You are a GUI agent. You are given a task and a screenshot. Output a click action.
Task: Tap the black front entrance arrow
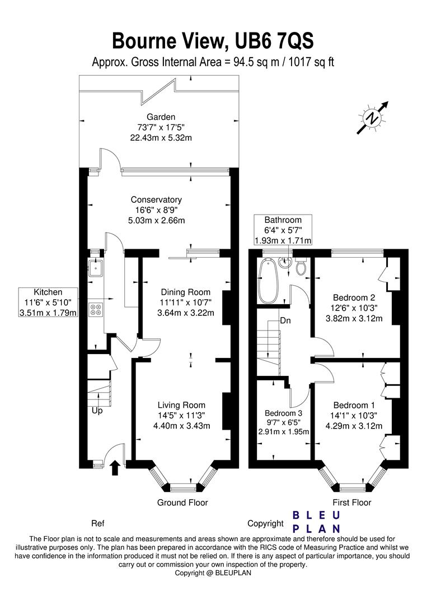tap(115, 467)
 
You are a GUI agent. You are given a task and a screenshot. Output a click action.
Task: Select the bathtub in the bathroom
tap(267, 281)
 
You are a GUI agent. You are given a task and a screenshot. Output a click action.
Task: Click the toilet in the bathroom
tap(301, 266)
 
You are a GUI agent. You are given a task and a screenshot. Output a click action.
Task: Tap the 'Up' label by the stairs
tap(97, 411)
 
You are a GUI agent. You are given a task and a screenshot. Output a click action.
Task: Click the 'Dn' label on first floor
tap(285, 320)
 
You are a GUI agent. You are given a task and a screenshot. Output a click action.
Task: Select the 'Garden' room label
tap(161, 117)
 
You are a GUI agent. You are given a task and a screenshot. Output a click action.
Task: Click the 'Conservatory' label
tap(156, 199)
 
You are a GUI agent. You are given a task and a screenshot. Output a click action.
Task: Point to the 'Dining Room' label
tap(186, 292)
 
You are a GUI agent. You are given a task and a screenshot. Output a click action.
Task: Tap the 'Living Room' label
tap(181, 405)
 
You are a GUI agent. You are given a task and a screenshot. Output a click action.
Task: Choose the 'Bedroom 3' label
tap(283, 413)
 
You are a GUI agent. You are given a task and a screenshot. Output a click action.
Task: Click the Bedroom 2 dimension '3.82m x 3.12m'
tap(354, 318)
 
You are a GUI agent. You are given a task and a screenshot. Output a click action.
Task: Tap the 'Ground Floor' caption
tap(182, 502)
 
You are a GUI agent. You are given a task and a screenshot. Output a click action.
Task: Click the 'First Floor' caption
tap(352, 502)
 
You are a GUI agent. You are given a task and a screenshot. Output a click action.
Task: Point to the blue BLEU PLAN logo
tap(316, 522)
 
